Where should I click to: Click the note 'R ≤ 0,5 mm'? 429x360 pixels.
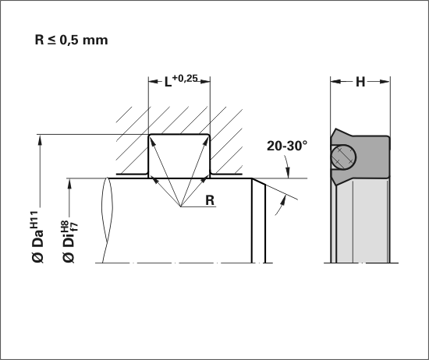pyautogui.click(x=71, y=40)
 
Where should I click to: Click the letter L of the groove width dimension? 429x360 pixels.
pyautogui.click(x=168, y=82)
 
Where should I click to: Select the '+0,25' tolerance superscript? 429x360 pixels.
pyautogui.click(x=185, y=79)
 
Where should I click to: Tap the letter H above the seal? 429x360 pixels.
pyautogui.click(x=360, y=82)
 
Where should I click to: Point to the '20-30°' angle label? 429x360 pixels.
pyautogui.click(x=287, y=146)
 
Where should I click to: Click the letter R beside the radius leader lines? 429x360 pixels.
pyautogui.click(x=210, y=200)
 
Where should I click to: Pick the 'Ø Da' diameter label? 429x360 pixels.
pyautogui.click(x=37, y=247)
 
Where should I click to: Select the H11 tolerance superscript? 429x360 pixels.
pyautogui.click(x=34, y=220)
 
